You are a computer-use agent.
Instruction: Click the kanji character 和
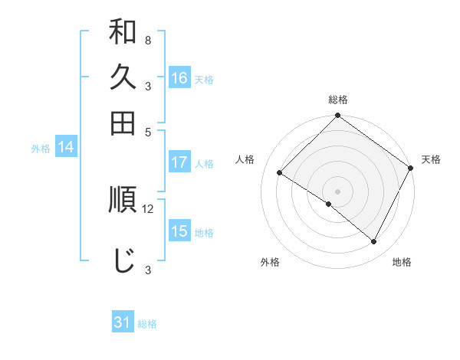tap(123, 34)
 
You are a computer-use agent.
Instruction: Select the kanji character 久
tap(123, 77)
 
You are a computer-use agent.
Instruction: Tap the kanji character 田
tap(123, 123)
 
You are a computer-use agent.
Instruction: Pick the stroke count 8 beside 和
tap(147, 41)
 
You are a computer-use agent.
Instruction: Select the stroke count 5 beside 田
tap(147, 131)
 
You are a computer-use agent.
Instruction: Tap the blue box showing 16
tap(179, 77)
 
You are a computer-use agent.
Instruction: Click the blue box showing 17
tap(179, 162)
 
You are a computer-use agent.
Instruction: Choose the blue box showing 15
tap(179, 231)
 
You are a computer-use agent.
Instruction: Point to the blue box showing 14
tap(65, 148)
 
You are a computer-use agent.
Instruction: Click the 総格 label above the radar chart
tap(338, 100)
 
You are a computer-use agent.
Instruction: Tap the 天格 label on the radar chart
tap(431, 159)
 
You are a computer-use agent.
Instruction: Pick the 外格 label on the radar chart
tap(270, 262)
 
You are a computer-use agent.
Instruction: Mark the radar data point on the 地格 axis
tap(374, 242)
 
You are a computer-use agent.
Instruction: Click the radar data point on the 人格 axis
tap(280, 173)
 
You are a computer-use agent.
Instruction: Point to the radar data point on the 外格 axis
tap(329, 205)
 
